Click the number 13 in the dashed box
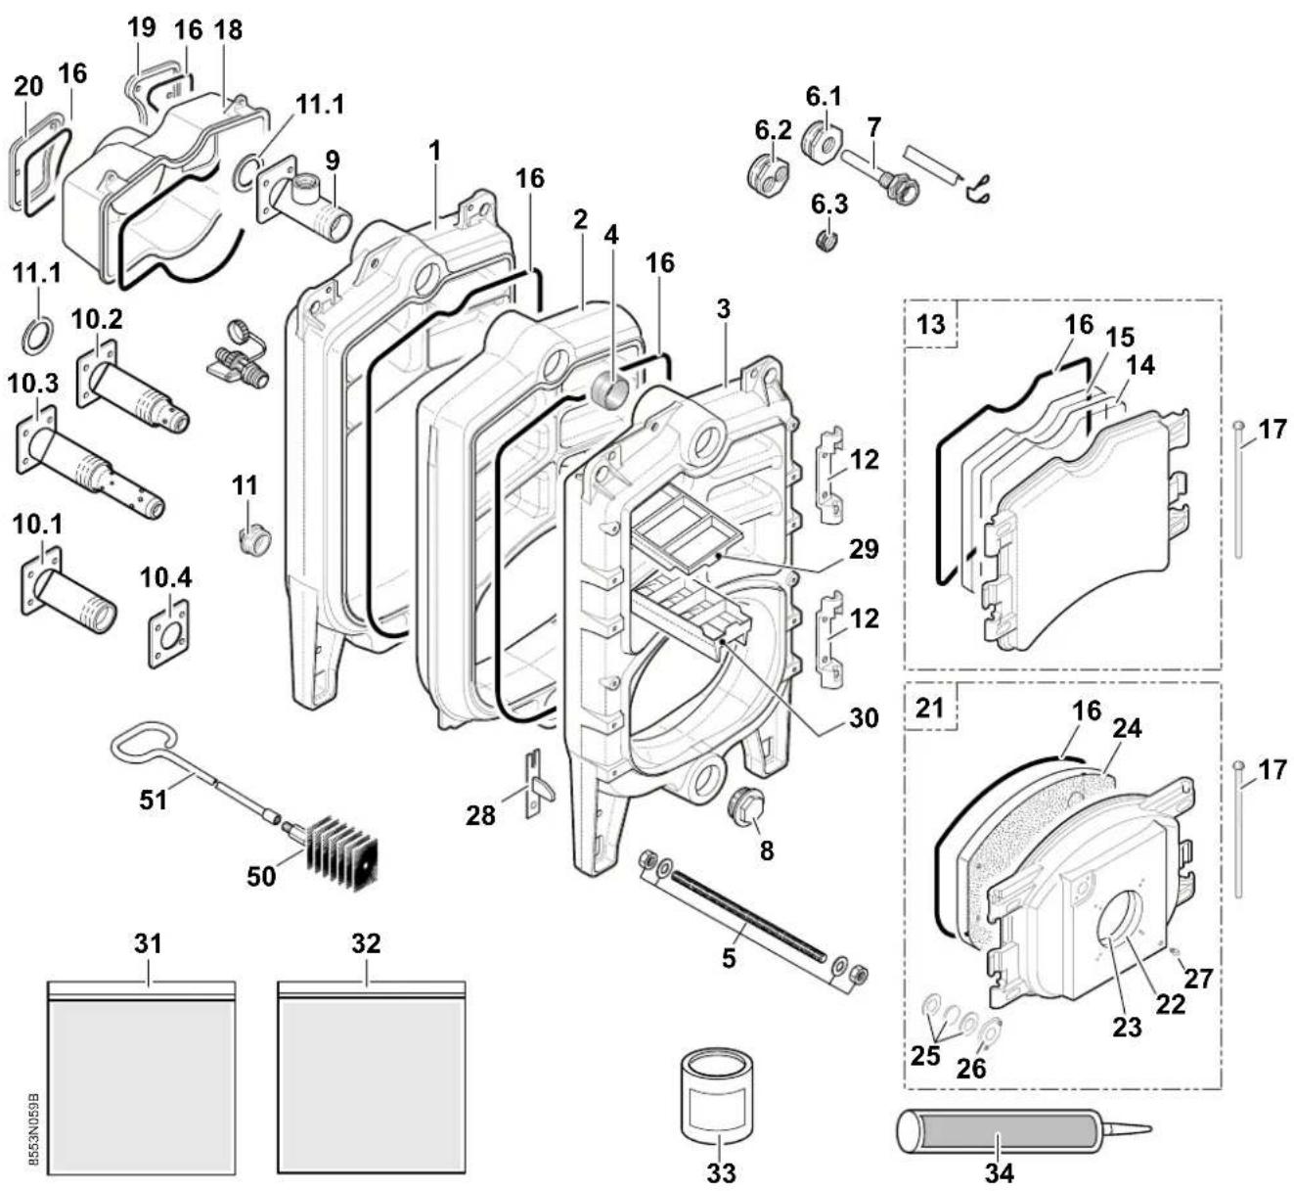[x=930, y=324]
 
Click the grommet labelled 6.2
[x=770, y=172]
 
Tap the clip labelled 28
[x=537, y=784]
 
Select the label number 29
[x=863, y=549]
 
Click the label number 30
[x=864, y=717]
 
